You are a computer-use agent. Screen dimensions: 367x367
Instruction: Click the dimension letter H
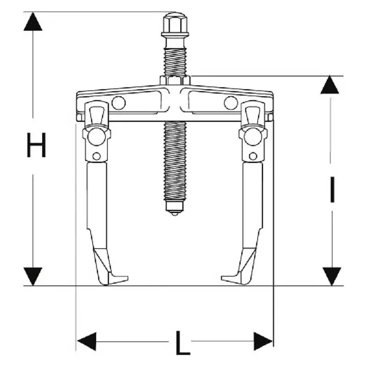click(36, 145)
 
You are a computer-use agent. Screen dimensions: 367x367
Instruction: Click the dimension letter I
click(332, 189)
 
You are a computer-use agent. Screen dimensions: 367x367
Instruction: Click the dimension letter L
click(183, 343)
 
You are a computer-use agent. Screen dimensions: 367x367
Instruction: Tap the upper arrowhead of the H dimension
click(33, 22)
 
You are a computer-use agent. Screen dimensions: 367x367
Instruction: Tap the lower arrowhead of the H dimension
click(33, 277)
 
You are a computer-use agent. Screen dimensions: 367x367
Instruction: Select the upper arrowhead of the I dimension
click(330, 85)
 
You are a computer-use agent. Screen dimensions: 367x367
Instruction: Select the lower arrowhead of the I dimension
click(332, 277)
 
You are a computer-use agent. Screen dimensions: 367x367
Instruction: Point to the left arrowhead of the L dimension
click(87, 341)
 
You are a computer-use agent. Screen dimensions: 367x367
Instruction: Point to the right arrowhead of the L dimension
click(263, 341)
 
